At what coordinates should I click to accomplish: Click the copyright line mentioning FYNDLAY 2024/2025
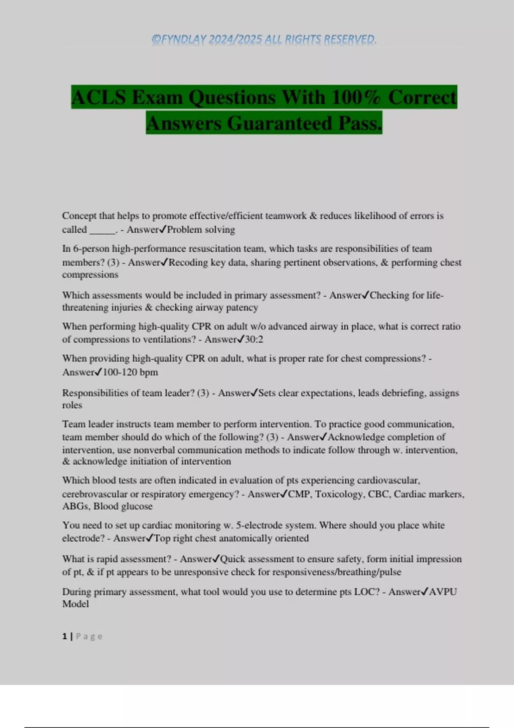(264, 39)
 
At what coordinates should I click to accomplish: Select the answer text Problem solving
(201, 230)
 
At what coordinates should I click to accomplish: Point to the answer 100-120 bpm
(130, 372)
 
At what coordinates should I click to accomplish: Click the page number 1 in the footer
(65, 636)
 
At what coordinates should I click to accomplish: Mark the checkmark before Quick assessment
(216, 559)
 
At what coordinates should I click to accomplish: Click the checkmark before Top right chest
(150, 538)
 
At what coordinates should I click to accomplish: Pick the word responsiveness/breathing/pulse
(337, 572)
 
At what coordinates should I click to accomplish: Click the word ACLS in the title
(99, 97)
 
